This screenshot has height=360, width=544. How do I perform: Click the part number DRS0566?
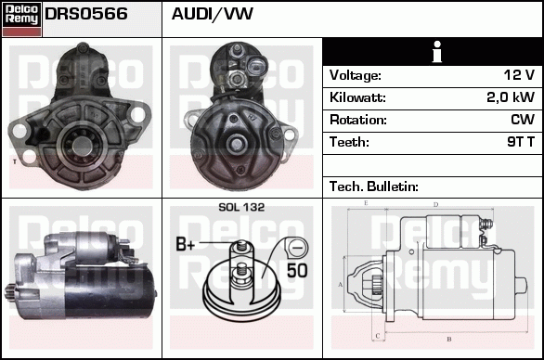coord(86,15)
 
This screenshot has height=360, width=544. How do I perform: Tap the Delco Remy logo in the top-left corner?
coord(21,19)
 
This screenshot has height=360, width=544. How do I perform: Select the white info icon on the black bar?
coord(432,52)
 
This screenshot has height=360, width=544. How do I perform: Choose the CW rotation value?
coord(522,121)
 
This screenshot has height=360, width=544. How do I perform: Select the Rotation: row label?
coord(356,121)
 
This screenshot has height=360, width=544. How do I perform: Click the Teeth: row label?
coord(349,143)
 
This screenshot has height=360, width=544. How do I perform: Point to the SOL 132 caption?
coord(241,207)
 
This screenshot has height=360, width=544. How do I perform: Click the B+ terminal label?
coord(186,246)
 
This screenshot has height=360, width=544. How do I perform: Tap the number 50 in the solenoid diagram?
coord(297,271)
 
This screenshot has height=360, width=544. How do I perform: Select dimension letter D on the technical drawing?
coord(434,203)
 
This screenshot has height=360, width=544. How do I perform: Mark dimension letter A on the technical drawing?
coord(341,283)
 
